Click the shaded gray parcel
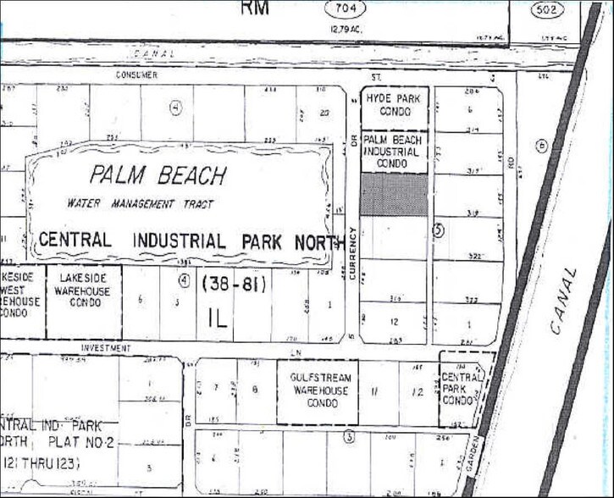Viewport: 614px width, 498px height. [394, 194]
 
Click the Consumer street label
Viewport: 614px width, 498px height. [137, 75]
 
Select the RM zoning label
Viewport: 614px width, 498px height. [255, 8]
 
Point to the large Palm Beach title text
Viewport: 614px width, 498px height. [158, 176]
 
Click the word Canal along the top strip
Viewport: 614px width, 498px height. [153, 53]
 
